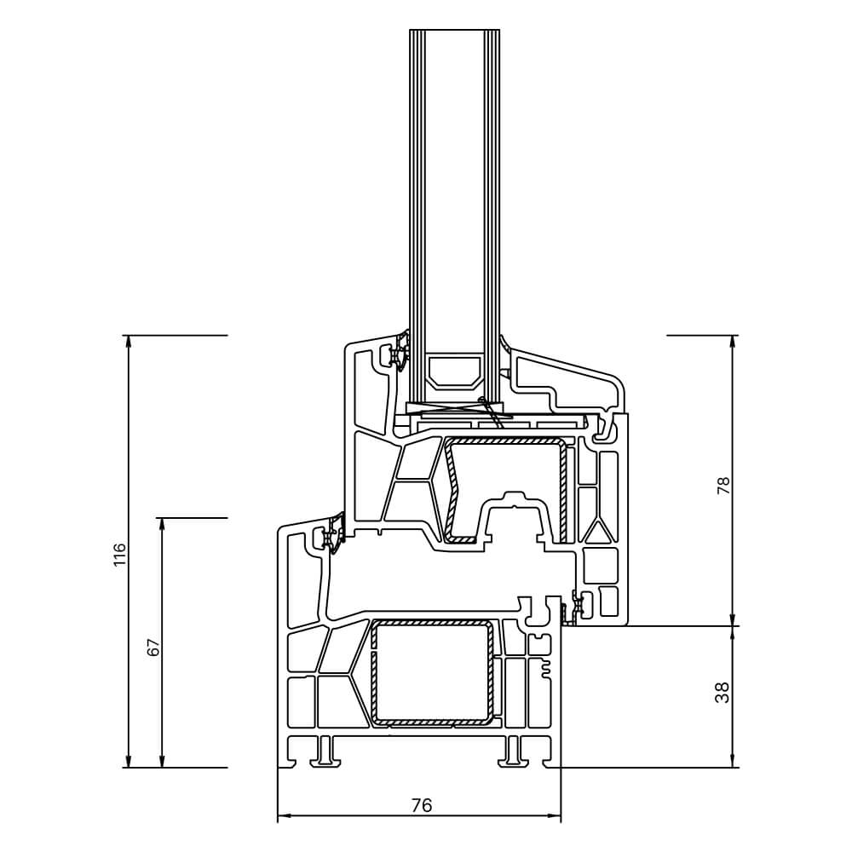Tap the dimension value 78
pos(724,486)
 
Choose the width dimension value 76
pos(421,805)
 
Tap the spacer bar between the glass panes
pos(452,371)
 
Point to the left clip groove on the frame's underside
pos(325,750)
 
